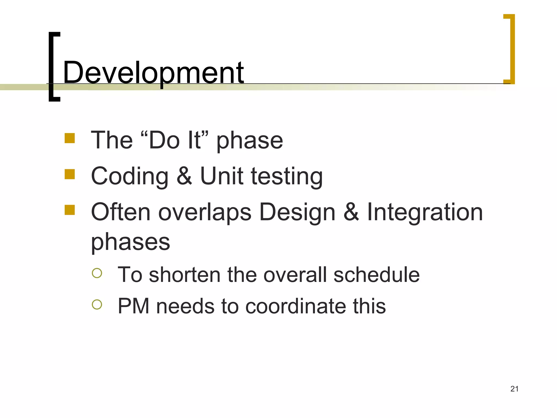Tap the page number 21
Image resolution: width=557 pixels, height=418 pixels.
(514, 389)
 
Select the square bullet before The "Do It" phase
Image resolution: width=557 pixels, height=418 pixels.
(70, 138)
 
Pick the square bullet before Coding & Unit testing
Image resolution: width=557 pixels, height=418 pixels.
(70, 174)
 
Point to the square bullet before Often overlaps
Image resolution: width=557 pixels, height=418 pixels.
(70, 210)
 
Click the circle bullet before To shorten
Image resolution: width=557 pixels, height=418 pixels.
(97, 273)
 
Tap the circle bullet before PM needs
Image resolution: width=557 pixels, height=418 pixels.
(97, 305)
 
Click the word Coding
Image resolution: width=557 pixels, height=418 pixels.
(129, 176)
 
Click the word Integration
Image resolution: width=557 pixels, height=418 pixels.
(425, 212)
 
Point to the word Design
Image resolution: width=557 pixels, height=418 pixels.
(297, 213)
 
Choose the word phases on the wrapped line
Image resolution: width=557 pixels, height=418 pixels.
(130, 242)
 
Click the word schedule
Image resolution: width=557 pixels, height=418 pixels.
(376, 275)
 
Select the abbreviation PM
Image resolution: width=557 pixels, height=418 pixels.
(133, 306)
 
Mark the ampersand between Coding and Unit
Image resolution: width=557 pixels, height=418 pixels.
(184, 176)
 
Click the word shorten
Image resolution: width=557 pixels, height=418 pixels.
(185, 275)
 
